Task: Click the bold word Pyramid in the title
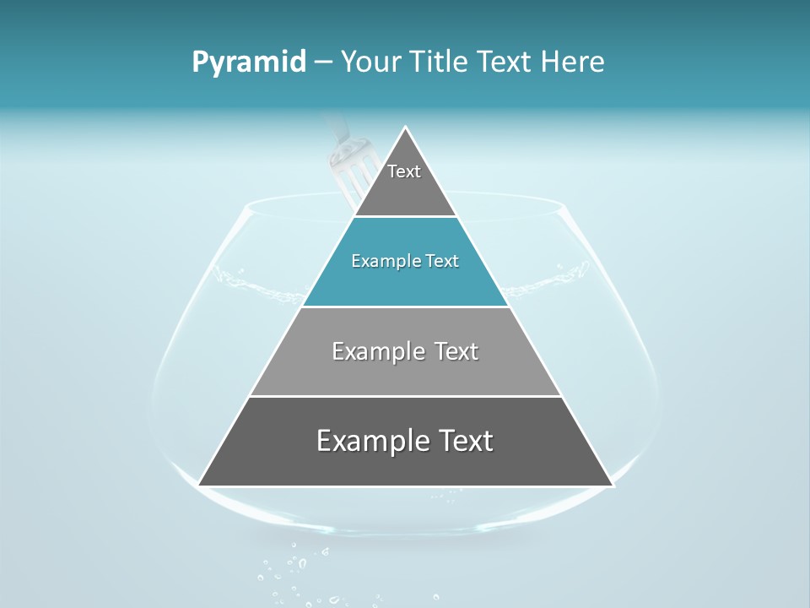(x=248, y=62)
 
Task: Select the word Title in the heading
(x=439, y=62)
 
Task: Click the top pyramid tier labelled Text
(x=405, y=182)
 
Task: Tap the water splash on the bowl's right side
(x=567, y=275)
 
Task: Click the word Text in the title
(x=504, y=62)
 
